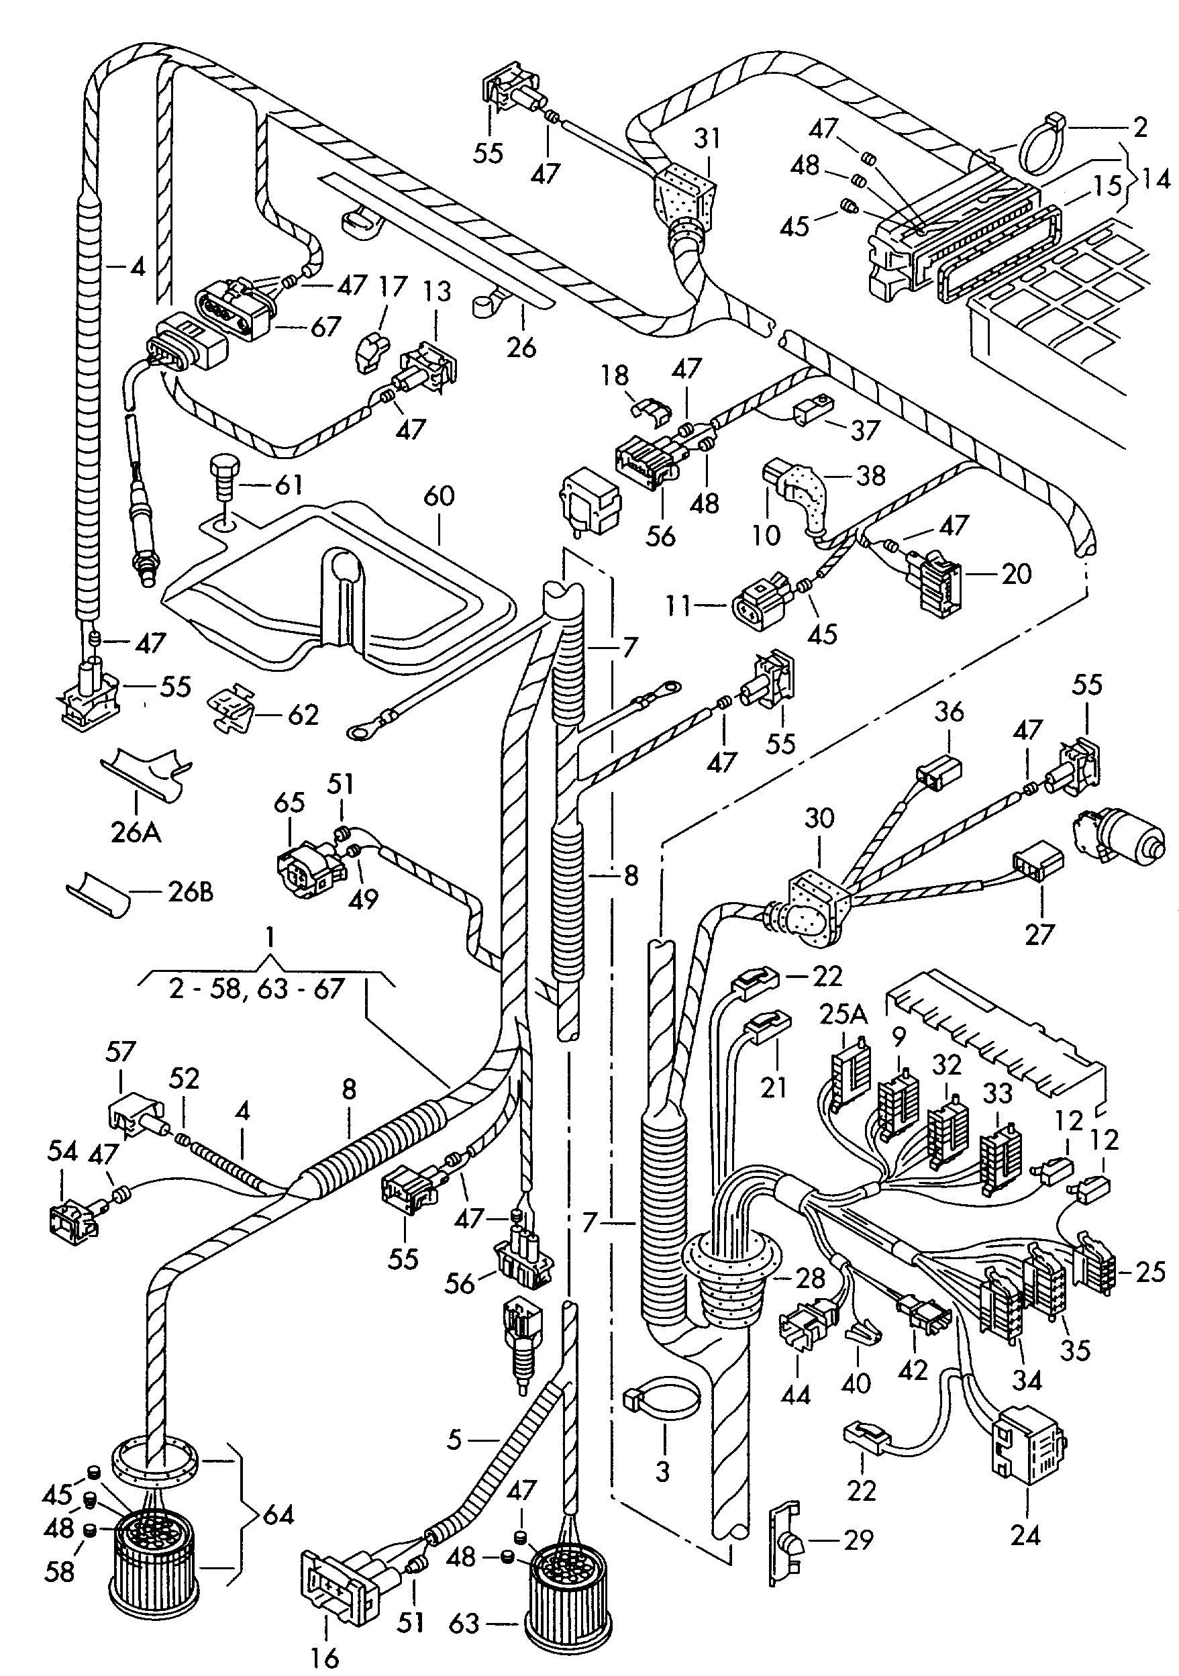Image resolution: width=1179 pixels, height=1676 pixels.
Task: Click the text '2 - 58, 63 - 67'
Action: tap(256, 989)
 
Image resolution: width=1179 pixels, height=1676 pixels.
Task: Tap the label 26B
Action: tap(190, 892)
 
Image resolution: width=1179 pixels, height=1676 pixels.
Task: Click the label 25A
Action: tap(843, 1016)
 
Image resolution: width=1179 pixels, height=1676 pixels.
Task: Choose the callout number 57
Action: tap(120, 1052)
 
